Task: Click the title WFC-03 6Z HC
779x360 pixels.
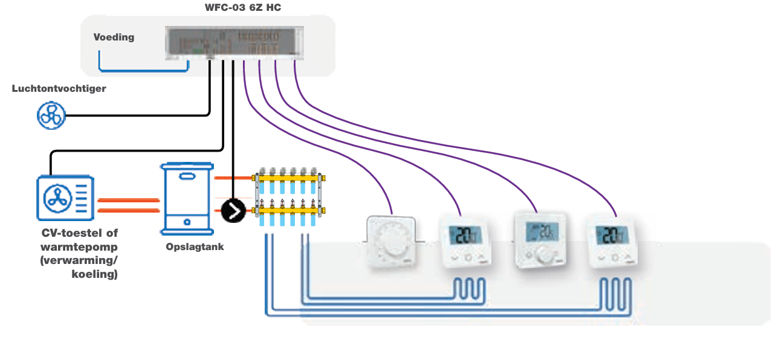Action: (x=243, y=8)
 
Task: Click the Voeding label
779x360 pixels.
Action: (x=114, y=37)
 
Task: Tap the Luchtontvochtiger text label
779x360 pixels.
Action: (x=59, y=89)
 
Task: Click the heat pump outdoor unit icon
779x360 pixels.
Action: (x=66, y=197)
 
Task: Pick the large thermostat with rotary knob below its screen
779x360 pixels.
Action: (x=540, y=239)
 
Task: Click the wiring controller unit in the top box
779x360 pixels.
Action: (x=232, y=43)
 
